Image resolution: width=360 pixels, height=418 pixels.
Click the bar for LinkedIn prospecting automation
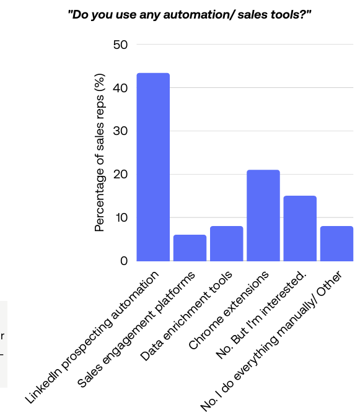[153, 167]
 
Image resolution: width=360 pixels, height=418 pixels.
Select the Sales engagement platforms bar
[190, 248]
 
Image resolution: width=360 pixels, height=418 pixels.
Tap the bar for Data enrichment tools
[226, 243]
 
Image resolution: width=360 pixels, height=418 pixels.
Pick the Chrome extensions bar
[263, 215]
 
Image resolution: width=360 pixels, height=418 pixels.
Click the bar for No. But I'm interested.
[300, 228]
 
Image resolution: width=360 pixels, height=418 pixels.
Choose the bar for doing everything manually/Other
[336, 243]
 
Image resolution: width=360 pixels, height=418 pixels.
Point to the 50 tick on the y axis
[120, 45]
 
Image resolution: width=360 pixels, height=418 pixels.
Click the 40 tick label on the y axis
[120, 88]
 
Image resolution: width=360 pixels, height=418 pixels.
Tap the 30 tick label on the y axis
[120, 131]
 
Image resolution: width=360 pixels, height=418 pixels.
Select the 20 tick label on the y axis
[120, 175]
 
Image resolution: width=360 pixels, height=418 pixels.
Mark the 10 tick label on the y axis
[120, 218]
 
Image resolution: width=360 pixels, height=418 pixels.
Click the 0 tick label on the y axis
[124, 261]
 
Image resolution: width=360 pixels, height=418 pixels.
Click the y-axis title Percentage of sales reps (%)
[99, 153]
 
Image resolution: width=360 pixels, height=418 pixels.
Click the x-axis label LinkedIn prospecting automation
[93, 337]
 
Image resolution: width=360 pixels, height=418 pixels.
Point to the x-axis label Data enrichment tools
[187, 316]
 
